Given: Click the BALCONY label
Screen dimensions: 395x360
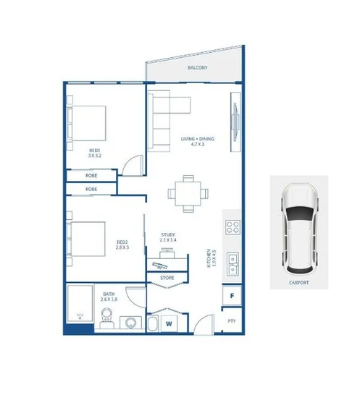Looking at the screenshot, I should pos(198,67).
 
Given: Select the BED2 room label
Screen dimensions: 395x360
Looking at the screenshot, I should pos(122,244).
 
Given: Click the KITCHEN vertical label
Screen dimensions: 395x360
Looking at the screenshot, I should pos(210,260).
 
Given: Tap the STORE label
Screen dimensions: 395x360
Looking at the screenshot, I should pos(167,277).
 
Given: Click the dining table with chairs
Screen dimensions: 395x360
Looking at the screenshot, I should pos(188,193).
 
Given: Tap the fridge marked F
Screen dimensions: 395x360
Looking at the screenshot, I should pos(232,295).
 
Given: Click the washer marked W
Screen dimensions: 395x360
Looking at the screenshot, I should pos(169,322).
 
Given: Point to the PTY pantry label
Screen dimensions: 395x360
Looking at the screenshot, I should pos(232,320).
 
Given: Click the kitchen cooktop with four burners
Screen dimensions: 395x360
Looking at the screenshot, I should pos(233,227).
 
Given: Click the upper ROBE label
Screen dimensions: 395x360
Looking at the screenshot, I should pos(91,175).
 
